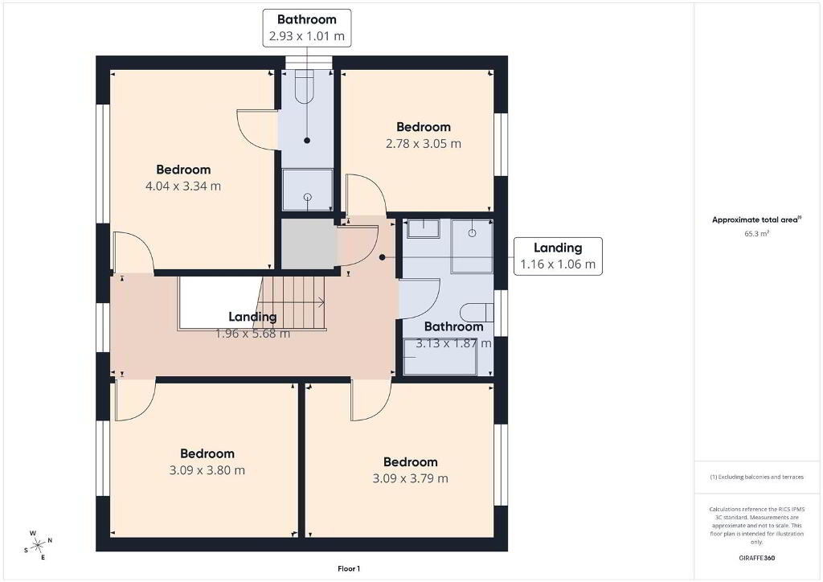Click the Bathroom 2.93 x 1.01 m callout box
306,28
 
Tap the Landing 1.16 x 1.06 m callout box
558,256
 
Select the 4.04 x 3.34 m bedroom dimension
183,186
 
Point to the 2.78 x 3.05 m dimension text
424,144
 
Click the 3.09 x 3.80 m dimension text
207,470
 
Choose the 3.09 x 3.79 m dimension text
411,478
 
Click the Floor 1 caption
349,569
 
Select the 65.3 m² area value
756,234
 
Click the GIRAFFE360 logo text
756,558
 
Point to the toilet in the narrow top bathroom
304,87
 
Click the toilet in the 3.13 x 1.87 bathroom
477,313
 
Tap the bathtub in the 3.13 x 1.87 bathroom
440,357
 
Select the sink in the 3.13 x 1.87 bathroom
423,228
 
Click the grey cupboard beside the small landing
309,244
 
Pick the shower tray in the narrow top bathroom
308,190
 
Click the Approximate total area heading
756,220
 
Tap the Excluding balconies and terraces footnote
756,477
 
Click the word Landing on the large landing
252,317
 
